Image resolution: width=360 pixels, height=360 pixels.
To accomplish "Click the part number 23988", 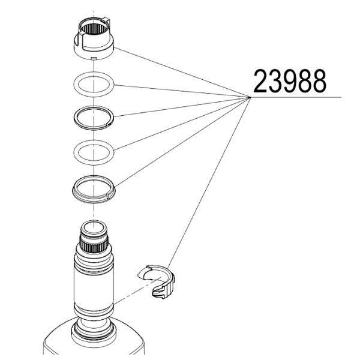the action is pyautogui.click(x=290, y=81).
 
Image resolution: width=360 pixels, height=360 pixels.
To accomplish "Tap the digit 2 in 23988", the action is pyautogui.click(x=261, y=81).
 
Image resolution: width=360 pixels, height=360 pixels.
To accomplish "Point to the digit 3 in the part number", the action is pyautogui.click(x=275, y=81).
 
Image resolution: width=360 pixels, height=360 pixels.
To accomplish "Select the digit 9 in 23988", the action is pyautogui.click(x=290, y=81).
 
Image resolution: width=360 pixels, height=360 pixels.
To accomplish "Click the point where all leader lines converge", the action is pyautogui.click(x=250, y=97).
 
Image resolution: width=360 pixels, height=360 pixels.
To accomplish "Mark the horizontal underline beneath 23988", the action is pyautogui.click(x=296, y=97).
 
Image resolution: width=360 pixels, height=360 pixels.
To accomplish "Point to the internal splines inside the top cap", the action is pyautogui.click(x=94, y=29).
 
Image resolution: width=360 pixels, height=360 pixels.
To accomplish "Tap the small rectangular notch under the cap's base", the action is pyautogui.click(x=94, y=58).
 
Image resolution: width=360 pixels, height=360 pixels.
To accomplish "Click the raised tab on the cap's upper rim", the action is pyautogui.click(x=107, y=21).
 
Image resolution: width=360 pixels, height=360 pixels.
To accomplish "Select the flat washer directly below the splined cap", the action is pyautogui.click(x=94, y=84).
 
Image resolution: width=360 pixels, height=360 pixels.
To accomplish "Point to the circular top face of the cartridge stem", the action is pyautogui.click(x=94, y=227).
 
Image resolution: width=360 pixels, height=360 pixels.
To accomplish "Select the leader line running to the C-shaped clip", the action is pyautogui.click(x=209, y=183).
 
